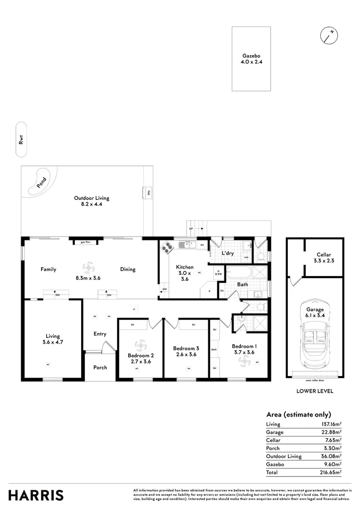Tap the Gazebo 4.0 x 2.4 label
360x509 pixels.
point(251,58)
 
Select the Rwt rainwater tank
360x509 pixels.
point(21,140)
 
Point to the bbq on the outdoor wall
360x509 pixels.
point(148,193)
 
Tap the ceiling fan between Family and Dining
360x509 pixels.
point(88,268)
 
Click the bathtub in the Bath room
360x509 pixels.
point(239,273)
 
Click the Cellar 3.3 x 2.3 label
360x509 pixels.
point(323,258)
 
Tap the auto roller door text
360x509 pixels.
point(315,379)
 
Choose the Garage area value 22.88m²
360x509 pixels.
point(331,432)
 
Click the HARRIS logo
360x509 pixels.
point(36,495)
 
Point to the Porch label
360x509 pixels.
point(100,367)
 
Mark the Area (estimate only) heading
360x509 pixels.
point(298,415)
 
